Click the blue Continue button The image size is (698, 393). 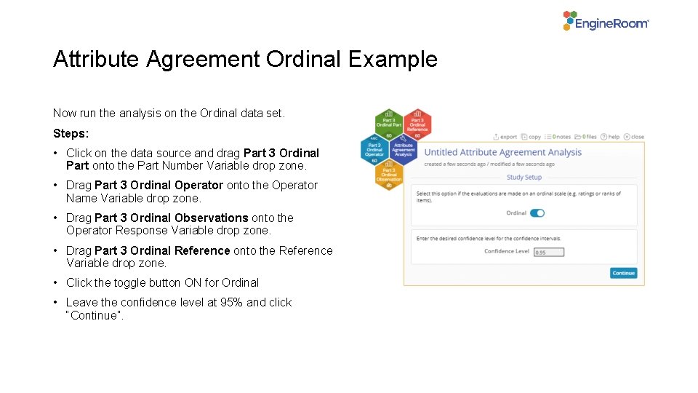click(x=623, y=273)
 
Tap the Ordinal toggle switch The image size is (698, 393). click(x=537, y=213)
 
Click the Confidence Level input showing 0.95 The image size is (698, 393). click(x=549, y=252)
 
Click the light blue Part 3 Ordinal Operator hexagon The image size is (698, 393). click(x=374, y=149)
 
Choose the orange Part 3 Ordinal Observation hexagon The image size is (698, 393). click(x=389, y=175)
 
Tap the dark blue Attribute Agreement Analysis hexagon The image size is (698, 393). click(x=403, y=149)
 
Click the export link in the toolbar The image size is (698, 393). click(x=505, y=137)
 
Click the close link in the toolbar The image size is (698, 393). click(x=635, y=137)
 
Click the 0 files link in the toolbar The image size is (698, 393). click(x=588, y=137)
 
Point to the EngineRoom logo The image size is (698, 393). click(x=606, y=21)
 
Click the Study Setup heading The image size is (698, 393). click(x=524, y=177)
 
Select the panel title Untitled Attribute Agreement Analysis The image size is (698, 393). click(x=502, y=152)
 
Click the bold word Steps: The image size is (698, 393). click(x=71, y=134)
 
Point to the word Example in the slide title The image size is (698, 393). click(x=393, y=59)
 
